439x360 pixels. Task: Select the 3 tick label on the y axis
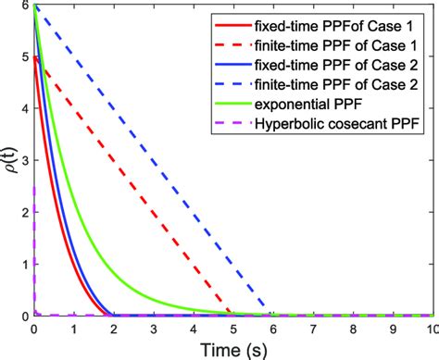[x=23, y=162]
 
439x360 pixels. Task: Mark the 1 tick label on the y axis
[x=23, y=265]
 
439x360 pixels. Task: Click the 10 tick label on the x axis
[x=430, y=329]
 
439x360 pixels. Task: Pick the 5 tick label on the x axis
[x=232, y=329]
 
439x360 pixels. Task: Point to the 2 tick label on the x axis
[x=113, y=329]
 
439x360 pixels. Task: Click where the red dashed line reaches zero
[x=229, y=316]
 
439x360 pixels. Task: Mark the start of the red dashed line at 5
[x=34, y=58]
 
